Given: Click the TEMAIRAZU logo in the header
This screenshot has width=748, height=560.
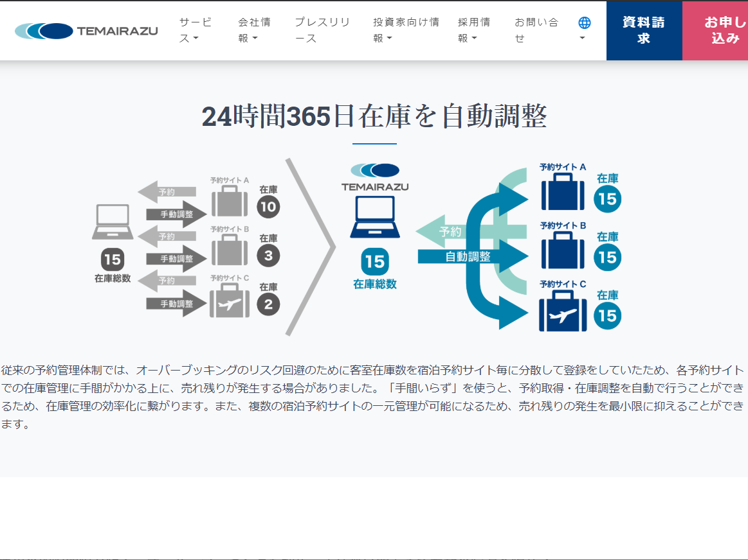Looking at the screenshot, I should pyautogui.click(x=86, y=31).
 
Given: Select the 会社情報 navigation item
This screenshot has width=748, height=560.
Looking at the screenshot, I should pyautogui.click(x=254, y=30).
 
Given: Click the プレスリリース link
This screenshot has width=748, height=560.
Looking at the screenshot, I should pyautogui.click(x=322, y=30).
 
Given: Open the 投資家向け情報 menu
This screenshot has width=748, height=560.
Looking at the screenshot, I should pyautogui.click(x=406, y=30).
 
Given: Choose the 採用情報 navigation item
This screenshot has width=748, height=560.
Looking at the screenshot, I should pyautogui.click(x=474, y=30).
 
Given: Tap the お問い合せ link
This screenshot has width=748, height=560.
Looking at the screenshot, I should pyautogui.click(x=536, y=30).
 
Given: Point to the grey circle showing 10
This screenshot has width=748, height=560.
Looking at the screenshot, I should pyautogui.click(x=268, y=207).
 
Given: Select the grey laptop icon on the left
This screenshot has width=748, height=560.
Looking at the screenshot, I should pyautogui.click(x=113, y=222).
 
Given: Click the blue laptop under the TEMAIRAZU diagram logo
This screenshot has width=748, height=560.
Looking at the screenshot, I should pyautogui.click(x=374, y=218).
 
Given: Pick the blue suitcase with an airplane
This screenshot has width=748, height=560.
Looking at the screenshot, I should pyautogui.click(x=563, y=312).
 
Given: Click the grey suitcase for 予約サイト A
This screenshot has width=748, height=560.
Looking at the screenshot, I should pyautogui.click(x=228, y=201).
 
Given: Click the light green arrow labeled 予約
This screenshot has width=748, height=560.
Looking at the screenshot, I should pyautogui.click(x=447, y=231).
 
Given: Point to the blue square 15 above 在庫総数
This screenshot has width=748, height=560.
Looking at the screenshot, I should pyautogui.click(x=374, y=262).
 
